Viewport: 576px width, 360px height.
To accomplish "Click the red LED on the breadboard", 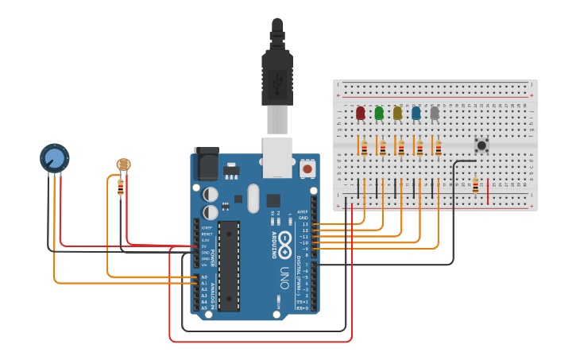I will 361,113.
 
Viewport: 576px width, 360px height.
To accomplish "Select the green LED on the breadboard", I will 379,113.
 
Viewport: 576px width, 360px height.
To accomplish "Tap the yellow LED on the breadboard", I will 397,113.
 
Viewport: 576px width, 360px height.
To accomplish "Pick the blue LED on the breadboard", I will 416,113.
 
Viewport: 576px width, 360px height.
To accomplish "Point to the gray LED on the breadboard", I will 435,113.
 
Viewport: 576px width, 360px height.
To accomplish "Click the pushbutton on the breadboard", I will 481,145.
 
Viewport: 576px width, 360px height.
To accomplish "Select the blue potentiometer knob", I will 54,157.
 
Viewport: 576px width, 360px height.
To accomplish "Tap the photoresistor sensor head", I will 123,165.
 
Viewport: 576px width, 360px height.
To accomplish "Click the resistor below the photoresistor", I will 121,187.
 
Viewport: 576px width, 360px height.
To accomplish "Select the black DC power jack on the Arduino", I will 207,165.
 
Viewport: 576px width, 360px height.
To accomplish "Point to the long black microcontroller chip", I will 230,265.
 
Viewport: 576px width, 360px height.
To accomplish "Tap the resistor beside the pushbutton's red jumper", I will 476,186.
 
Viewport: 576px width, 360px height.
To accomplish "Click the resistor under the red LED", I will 365,148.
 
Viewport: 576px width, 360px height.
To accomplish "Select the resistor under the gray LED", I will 438,148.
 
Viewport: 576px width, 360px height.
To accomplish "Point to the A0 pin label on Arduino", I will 204,277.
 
